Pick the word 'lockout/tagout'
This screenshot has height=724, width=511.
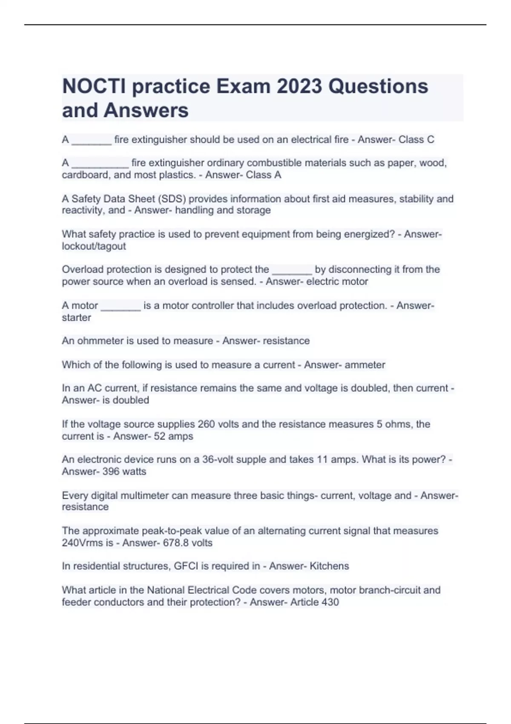pyautogui.click(x=94, y=246)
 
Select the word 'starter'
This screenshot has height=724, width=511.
pyautogui.click(x=76, y=318)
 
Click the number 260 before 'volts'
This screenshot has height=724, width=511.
pyautogui.click(x=206, y=424)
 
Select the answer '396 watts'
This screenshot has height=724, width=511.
pyautogui.click(x=124, y=471)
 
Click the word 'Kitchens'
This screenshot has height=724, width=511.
pyautogui.click(x=329, y=566)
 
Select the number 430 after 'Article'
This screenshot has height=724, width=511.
pyautogui.click(x=330, y=602)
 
